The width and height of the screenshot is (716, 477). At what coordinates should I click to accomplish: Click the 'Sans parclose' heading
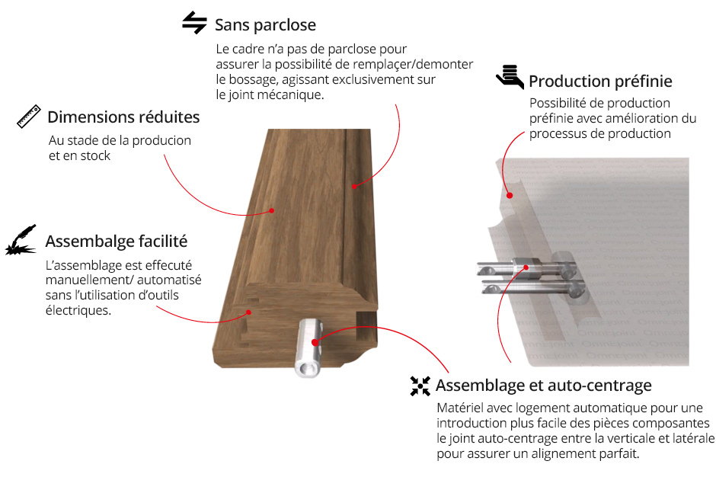click(265, 25)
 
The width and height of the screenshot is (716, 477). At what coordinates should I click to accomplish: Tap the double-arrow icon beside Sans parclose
click(194, 23)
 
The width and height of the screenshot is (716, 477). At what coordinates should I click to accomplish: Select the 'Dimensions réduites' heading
click(123, 117)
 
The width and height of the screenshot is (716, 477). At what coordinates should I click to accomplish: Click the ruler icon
click(29, 116)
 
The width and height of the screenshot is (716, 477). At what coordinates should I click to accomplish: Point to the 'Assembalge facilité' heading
click(117, 242)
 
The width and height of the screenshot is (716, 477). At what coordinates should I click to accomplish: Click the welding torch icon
click(21, 240)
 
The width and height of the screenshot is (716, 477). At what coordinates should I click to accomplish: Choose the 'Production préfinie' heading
click(600, 82)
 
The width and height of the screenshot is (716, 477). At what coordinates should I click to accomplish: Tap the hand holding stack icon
click(510, 76)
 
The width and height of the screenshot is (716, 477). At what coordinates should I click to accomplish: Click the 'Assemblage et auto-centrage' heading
click(543, 386)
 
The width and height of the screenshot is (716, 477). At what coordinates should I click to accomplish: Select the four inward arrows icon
click(420, 386)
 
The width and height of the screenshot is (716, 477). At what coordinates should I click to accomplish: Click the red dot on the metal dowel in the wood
click(315, 342)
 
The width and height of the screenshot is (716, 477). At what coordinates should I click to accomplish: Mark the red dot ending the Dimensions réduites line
click(272, 210)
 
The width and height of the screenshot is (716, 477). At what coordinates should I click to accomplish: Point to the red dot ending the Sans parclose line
click(354, 187)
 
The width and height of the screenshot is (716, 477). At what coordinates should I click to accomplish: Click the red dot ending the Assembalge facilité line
click(249, 312)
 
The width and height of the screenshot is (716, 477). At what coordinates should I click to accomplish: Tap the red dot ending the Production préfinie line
click(510, 196)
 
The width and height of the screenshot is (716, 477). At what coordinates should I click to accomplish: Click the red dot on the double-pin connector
click(526, 267)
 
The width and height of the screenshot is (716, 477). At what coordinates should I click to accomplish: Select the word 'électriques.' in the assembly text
click(78, 311)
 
